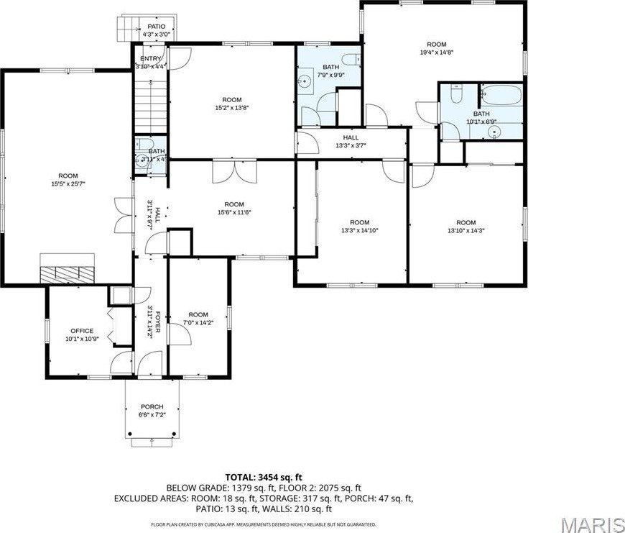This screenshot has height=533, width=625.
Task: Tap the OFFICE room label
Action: pyautogui.click(x=81, y=331)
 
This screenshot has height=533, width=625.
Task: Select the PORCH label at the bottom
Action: pyautogui.click(x=152, y=406)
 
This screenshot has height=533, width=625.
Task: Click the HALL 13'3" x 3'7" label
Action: pyautogui.click(x=351, y=142)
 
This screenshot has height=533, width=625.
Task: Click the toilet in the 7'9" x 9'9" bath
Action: pyautogui.click(x=349, y=59)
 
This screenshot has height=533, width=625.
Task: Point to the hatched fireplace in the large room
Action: pyautogui.click(x=66, y=273)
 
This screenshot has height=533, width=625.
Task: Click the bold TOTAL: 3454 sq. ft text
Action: pyautogui.click(x=263, y=477)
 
